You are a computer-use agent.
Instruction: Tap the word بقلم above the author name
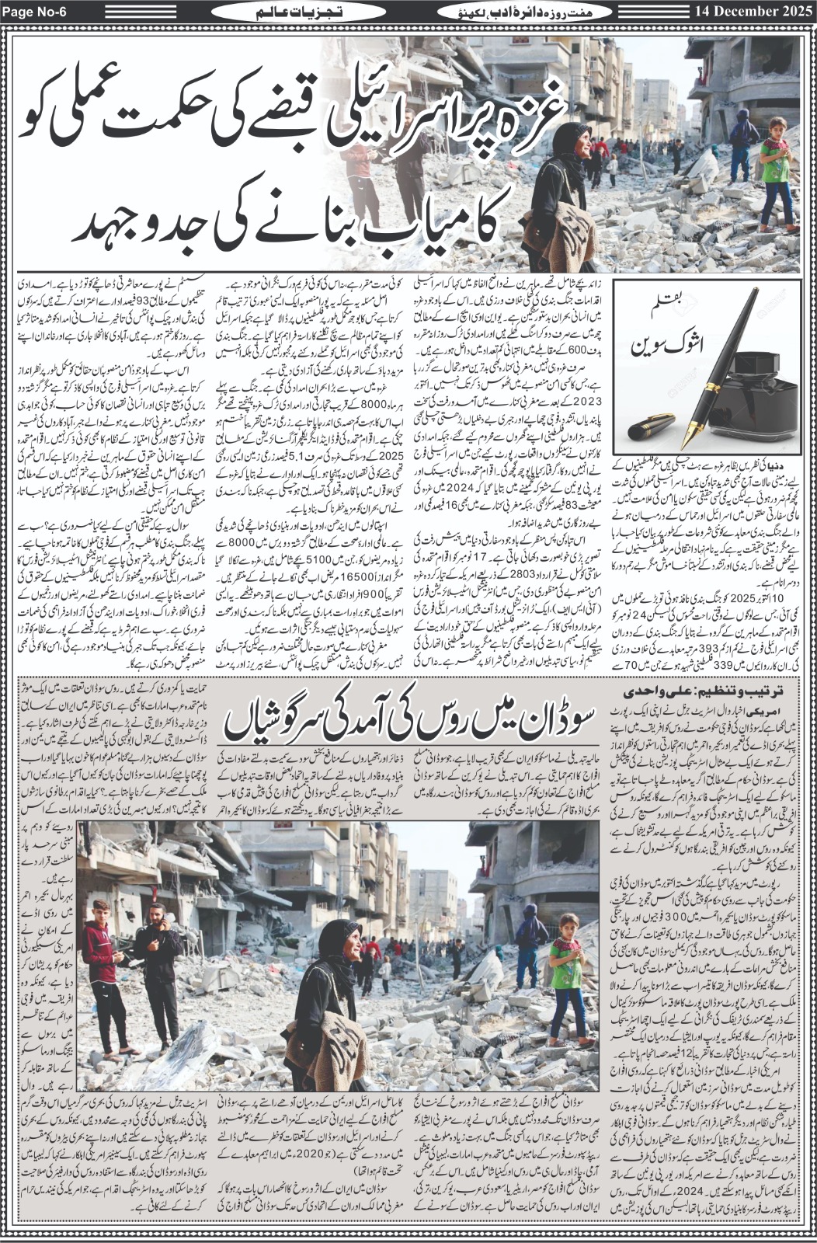pos(667,317)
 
